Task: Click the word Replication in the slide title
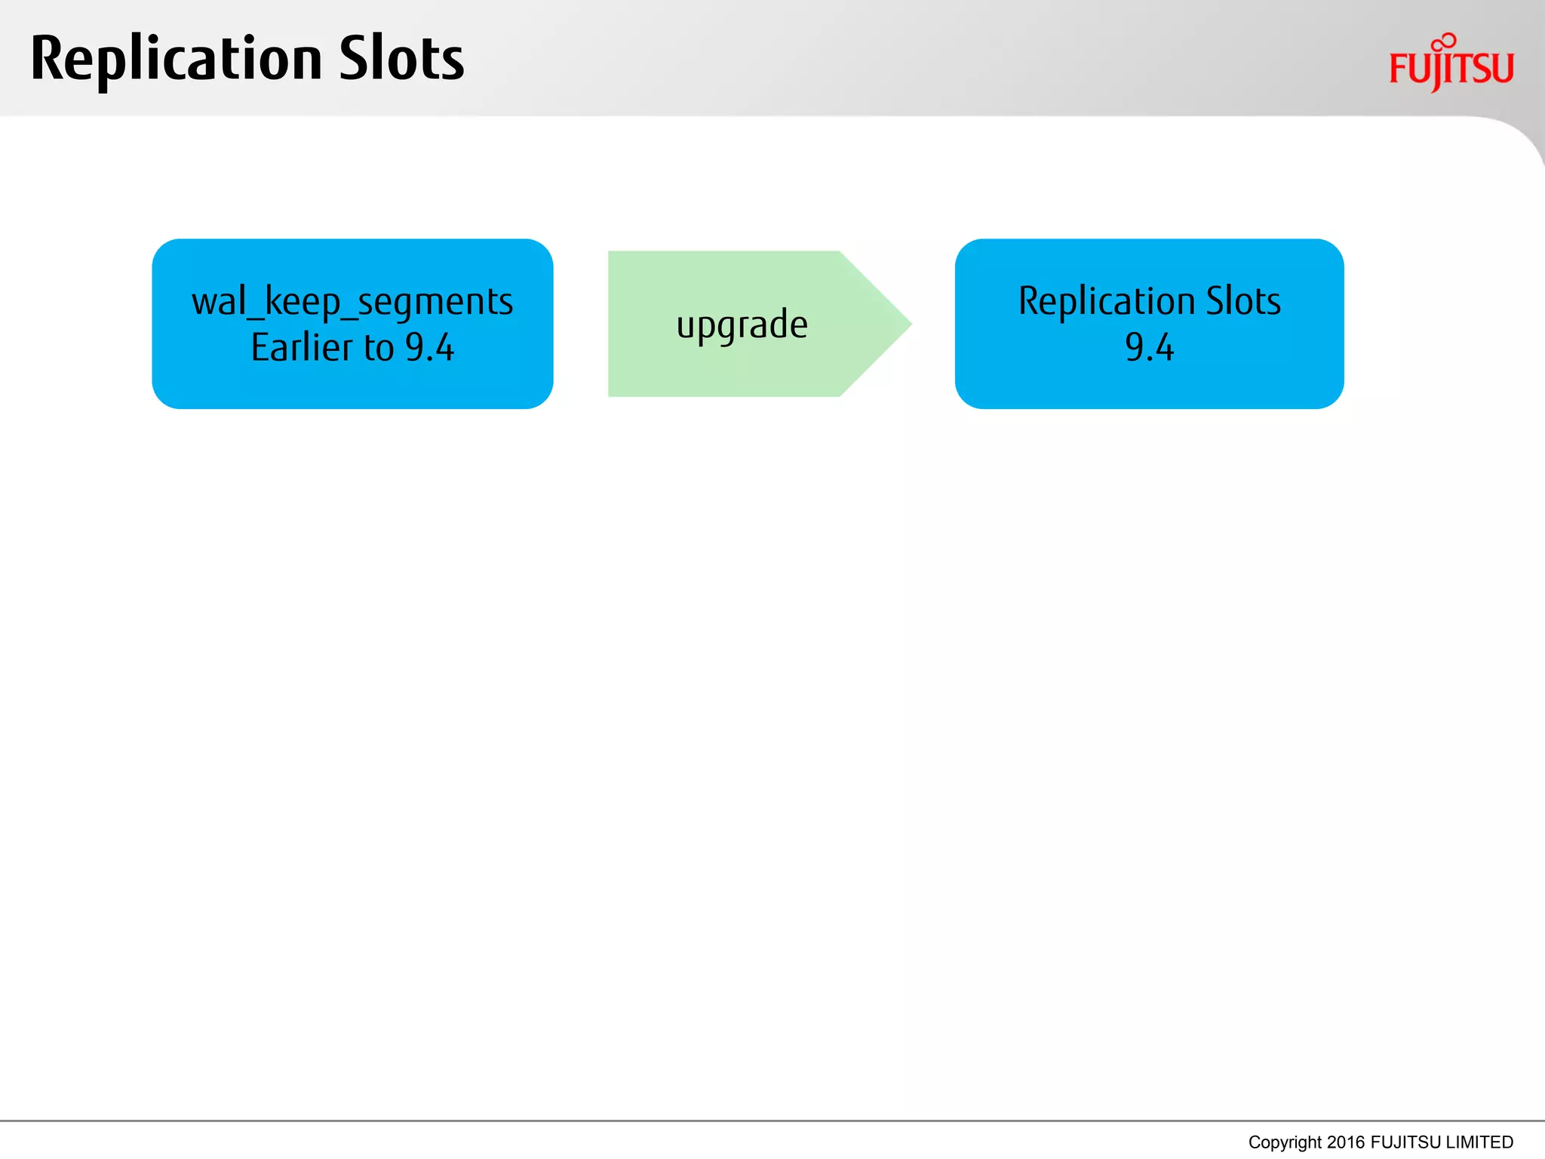[x=176, y=60]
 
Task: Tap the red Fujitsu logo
[x=1451, y=68]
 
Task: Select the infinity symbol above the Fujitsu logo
[x=1444, y=42]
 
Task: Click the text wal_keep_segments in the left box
[x=352, y=302]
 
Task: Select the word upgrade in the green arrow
[x=742, y=325]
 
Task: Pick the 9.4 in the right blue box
[x=1149, y=348]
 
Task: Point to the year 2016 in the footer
[x=1346, y=1142]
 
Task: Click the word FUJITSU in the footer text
[x=1405, y=1142]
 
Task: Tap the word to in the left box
[x=379, y=348]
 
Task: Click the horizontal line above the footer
[x=772, y=1121]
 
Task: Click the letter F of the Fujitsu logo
[x=1398, y=69]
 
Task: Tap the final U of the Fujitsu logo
[x=1502, y=68]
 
